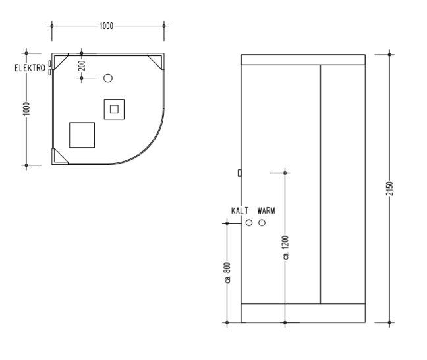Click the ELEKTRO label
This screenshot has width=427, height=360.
(x=30, y=68)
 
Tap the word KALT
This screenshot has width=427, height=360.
(x=240, y=210)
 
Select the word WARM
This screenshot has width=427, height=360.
(x=266, y=210)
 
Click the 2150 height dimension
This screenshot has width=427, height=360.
(x=389, y=189)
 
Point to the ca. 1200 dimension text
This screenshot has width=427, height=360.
(x=285, y=247)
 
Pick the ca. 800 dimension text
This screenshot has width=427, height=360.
(x=227, y=272)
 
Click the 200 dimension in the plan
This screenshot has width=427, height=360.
(x=82, y=66)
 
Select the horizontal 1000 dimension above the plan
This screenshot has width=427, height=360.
(x=106, y=26)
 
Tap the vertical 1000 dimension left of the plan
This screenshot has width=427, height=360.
(x=26, y=109)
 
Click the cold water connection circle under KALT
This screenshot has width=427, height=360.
(x=249, y=223)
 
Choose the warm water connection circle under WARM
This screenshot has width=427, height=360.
(x=262, y=223)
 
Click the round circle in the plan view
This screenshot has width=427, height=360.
(x=108, y=78)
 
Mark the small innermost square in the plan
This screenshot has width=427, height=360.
(x=114, y=109)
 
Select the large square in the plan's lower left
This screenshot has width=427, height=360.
(x=82, y=135)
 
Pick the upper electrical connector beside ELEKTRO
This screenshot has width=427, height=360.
(x=49, y=63)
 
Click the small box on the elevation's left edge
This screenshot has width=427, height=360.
(x=239, y=173)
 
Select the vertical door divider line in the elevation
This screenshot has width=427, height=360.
(x=320, y=184)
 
